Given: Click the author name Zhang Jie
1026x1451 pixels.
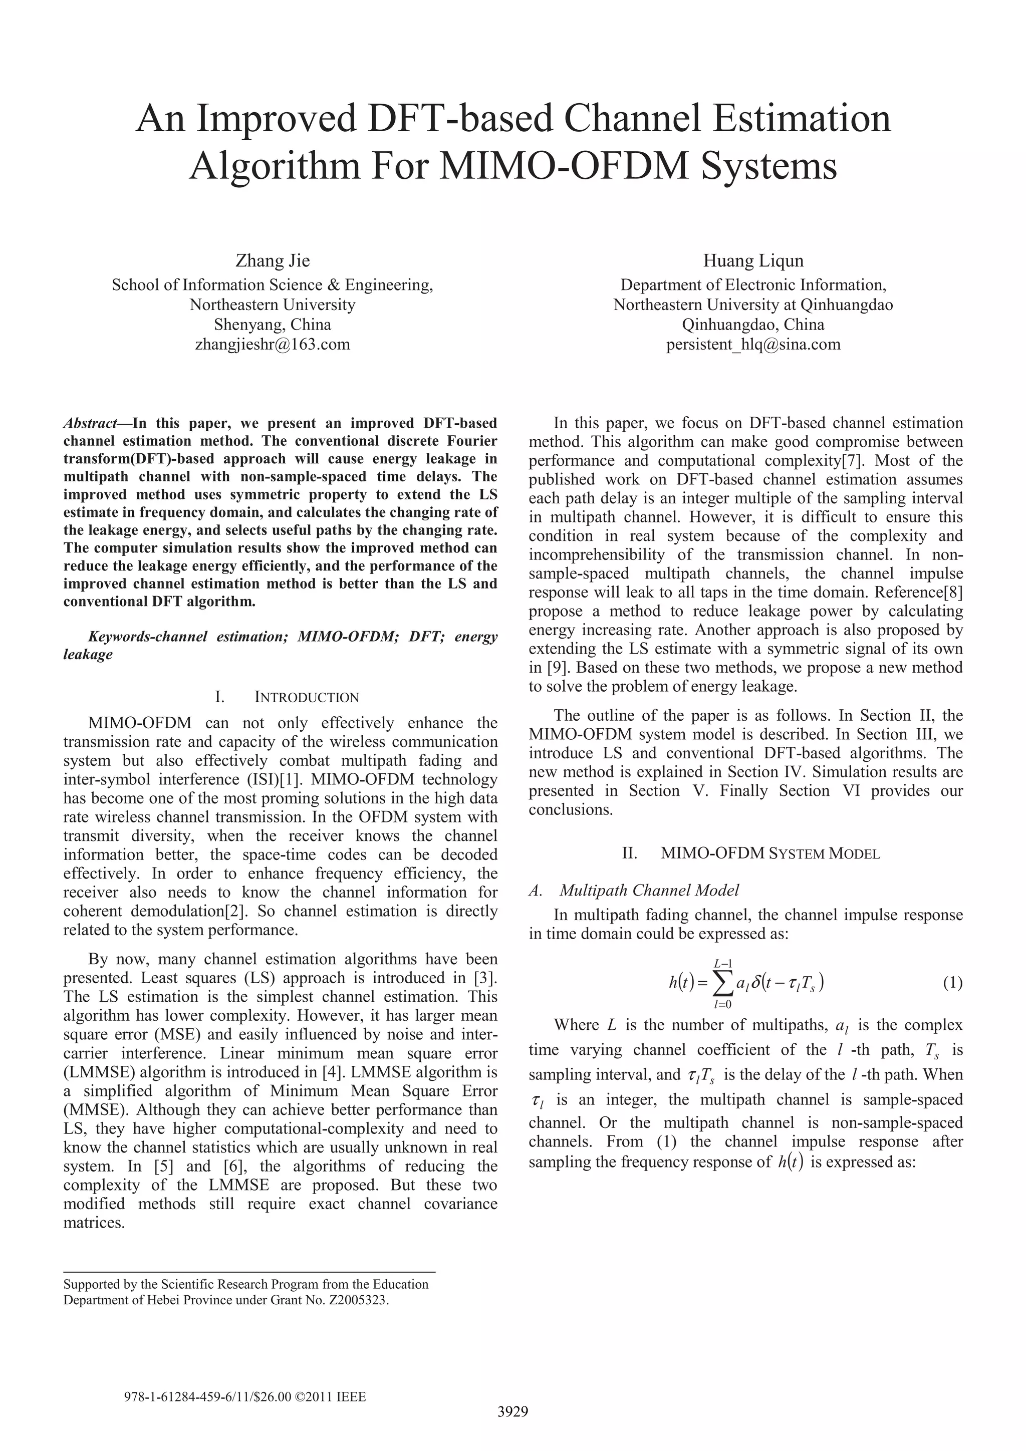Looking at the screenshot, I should [273, 260].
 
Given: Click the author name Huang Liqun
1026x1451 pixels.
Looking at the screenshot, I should [753, 260].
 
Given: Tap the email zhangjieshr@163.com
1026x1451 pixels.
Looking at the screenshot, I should [273, 345].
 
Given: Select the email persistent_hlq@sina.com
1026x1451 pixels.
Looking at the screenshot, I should [753, 345].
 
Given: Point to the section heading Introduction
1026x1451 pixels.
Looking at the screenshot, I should [306, 698].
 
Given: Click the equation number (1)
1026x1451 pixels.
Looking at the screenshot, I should [952, 983].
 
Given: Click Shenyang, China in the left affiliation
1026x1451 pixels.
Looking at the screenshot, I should [273, 325].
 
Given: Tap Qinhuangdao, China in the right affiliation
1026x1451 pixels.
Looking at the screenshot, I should [753, 325].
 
